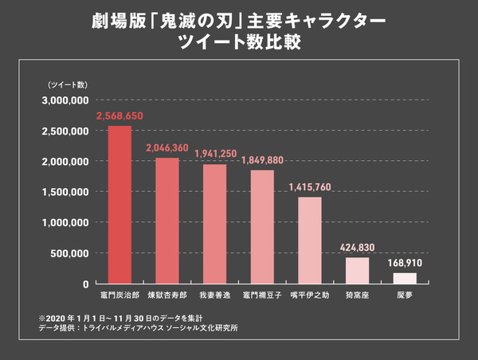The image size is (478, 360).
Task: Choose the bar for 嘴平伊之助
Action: pyautogui.click(x=309, y=240)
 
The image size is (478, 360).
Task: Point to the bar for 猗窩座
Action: pyautogui.click(x=357, y=270)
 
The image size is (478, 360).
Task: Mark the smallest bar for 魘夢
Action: pyautogui.click(x=405, y=278)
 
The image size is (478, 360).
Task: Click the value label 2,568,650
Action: pyautogui.click(x=119, y=116)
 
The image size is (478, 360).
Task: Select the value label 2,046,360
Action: pyautogui.click(x=167, y=148)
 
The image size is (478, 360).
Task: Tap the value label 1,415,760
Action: pyautogui.click(x=309, y=187)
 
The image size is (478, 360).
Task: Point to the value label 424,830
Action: pyautogui.click(x=357, y=248)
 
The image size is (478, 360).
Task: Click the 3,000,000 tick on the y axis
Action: pyautogui.click(x=63, y=100)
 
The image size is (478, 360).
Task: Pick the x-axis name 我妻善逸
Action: pyautogui.click(x=214, y=295)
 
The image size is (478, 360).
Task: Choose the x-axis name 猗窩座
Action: pyautogui.click(x=357, y=295)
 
